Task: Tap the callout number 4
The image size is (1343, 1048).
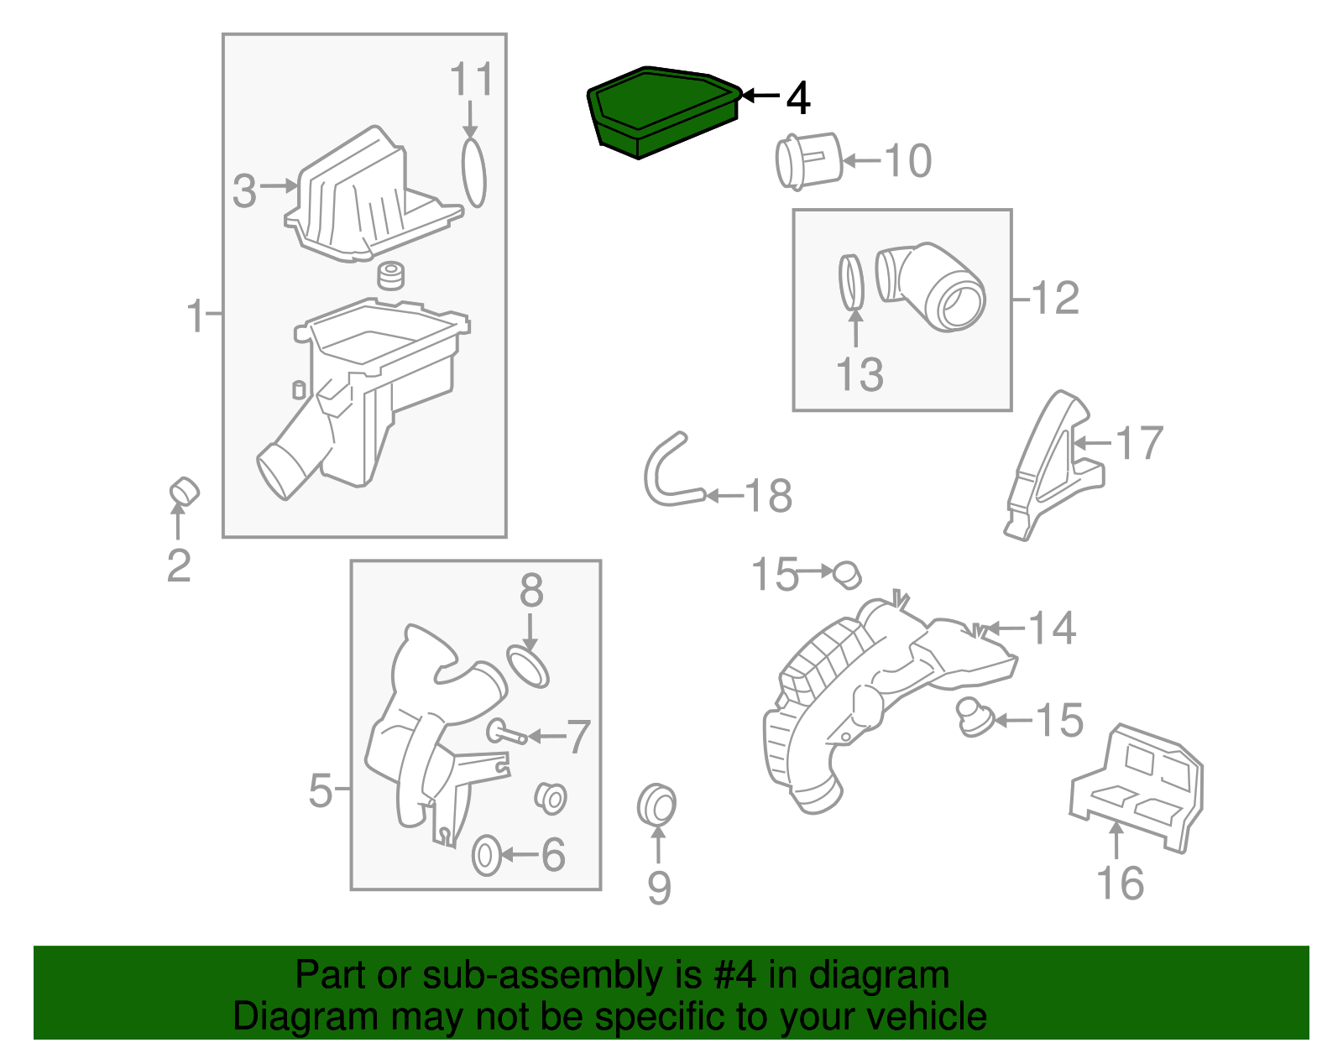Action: click(798, 98)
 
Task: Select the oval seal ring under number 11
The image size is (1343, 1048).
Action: click(473, 173)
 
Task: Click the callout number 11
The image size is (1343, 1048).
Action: click(471, 80)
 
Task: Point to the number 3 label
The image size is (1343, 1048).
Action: click(244, 191)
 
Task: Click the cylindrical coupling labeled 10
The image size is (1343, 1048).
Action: click(807, 160)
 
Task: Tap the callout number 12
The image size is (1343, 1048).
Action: click(1055, 298)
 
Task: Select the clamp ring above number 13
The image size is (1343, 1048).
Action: click(852, 282)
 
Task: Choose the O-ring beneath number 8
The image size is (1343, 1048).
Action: click(528, 665)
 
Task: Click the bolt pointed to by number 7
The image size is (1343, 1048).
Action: click(506, 733)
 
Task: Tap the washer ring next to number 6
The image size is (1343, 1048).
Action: click(487, 855)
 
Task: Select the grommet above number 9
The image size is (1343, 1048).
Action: click(656, 806)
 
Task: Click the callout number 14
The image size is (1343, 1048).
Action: click(1052, 628)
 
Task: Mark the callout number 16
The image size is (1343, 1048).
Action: click(1120, 884)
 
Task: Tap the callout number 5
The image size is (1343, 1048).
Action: click(321, 790)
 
